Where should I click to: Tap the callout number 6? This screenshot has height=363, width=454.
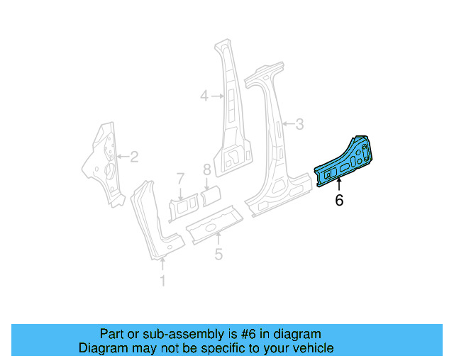pyautogui.click(x=339, y=201)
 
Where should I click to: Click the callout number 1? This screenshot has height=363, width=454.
pyautogui.click(x=162, y=281)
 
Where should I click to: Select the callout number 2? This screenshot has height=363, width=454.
pyautogui.click(x=133, y=157)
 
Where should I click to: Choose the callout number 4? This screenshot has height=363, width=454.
pyautogui.click(x=204, y=95)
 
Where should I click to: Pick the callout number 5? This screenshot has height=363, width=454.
pyautogui.click(x=218, y=254)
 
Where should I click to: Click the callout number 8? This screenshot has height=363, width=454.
pyautogui.click(x=207, y=170)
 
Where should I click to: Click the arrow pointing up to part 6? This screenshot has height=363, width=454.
pyautogui.click(x=339, y=186)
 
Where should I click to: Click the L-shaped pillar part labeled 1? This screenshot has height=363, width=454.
pyautogui.click(x=153, y=220)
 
